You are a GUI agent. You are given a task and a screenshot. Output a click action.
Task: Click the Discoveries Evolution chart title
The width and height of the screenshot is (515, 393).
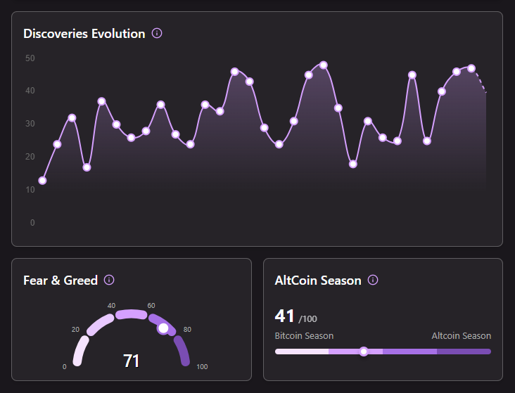click(84, 34)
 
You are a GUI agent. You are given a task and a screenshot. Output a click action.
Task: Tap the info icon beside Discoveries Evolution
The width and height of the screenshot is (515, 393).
click(157, 33)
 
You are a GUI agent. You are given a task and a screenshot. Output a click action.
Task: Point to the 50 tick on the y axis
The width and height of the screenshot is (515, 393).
click(30, 58)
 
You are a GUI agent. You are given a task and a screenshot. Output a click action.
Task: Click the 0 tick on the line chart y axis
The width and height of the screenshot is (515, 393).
click(32, 223)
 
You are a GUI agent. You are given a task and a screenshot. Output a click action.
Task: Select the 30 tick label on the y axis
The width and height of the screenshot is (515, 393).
click(30, 124)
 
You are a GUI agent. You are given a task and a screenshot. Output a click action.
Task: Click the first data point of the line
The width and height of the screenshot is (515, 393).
click(42, 181)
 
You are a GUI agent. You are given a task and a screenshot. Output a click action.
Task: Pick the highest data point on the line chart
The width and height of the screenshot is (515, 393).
click(324, 65)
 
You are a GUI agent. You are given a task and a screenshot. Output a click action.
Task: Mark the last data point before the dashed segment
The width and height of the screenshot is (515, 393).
click(471, 68)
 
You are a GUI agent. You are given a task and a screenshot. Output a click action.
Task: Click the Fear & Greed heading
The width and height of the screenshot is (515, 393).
click(61, 281)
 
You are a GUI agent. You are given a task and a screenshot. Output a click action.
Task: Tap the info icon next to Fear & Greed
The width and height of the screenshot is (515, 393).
click(109, 280)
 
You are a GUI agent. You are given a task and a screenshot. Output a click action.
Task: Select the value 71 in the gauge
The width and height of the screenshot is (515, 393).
click(131, 361)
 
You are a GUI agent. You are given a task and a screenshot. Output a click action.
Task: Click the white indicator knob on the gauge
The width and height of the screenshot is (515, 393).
click(163, 328)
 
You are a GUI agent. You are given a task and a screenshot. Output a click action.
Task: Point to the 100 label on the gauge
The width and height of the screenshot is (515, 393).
click(202, 367)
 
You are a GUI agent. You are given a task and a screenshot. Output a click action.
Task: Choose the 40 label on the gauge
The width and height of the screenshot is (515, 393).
click(111, 306)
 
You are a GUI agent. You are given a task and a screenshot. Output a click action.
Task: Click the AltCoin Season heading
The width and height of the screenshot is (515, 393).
click(318, 281)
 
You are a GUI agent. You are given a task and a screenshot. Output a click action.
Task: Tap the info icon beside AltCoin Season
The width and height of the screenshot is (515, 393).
click(373, 280)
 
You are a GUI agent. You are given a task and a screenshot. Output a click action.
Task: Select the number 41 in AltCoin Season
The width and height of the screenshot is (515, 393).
click(285, 316)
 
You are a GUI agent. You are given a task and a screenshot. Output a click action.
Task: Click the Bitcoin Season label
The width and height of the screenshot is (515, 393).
click(304, 336)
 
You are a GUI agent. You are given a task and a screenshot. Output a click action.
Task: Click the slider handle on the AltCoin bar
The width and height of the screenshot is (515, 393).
click(364, 352)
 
